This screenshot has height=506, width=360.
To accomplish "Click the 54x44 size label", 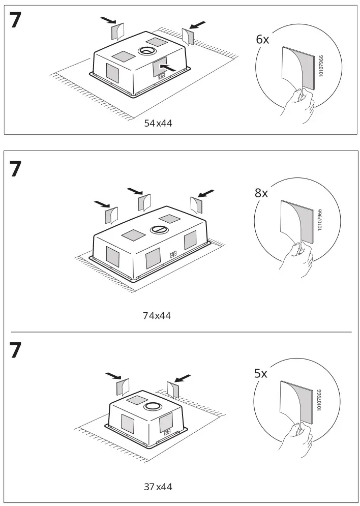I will (158, 123).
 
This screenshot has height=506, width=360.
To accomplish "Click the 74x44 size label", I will (157, 316).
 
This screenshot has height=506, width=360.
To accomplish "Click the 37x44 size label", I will (158, 487).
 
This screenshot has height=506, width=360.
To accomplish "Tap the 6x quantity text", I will (262, 40).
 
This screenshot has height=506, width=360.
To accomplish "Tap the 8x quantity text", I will (261, 193).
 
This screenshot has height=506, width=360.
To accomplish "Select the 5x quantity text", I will (260, 374).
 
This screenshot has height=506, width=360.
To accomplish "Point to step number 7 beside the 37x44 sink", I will (16, 350).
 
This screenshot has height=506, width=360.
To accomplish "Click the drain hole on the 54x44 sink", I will (146, 51).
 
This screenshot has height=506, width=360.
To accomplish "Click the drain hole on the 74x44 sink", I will (158, 229).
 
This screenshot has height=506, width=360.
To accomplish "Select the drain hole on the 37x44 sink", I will (152, 406).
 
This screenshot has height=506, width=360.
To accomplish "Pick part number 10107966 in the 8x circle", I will (319, 220).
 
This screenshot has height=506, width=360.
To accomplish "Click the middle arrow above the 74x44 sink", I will (135, 191).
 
